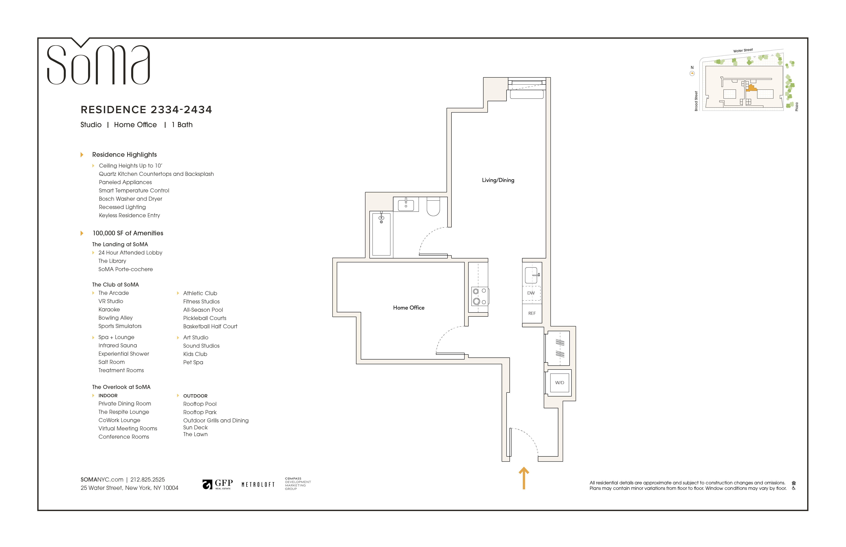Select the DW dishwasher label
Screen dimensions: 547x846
[531, 293]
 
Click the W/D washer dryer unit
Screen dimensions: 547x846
[560, 383]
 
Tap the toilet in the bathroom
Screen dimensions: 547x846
[433, 207]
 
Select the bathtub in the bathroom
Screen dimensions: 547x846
[381, 234]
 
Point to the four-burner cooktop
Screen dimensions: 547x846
[480, 296]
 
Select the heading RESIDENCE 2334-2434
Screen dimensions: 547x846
[146, 110]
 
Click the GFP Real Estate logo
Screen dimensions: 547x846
[217, 484]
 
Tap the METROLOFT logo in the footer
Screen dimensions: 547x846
[258, 485]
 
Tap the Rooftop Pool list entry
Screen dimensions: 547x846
[200, 404]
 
